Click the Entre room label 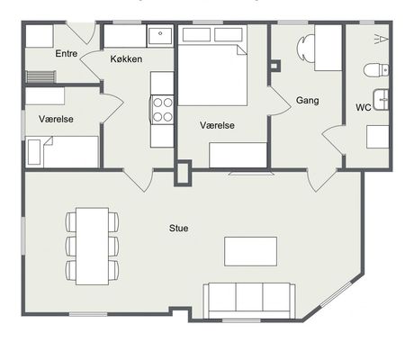(67, 54)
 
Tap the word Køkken (126, 58)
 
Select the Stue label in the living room (179, 229)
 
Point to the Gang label (307, 100)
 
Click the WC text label (364, 107)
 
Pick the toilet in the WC (376, 70)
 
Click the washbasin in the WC (381, 100)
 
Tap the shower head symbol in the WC (382, 39)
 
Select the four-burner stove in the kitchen (163, 110)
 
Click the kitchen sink (160, 36)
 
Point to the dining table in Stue (92, 246)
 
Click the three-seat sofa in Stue (249, 301)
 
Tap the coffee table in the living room (250, 251)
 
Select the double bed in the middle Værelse (212, 75)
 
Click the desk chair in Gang (305, 48)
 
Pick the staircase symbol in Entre (40, 76)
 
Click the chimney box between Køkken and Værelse (183, 173)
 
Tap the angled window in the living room (340, 295)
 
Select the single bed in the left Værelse (62, 152)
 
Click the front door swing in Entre (82, 32)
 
